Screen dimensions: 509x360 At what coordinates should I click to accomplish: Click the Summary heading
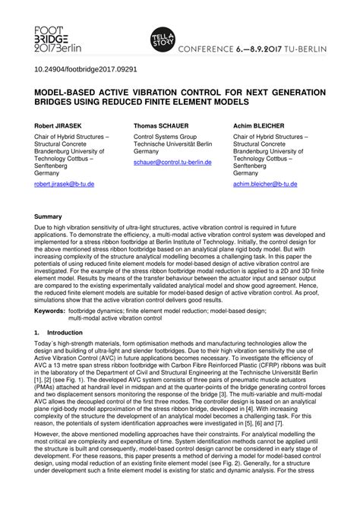48,217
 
